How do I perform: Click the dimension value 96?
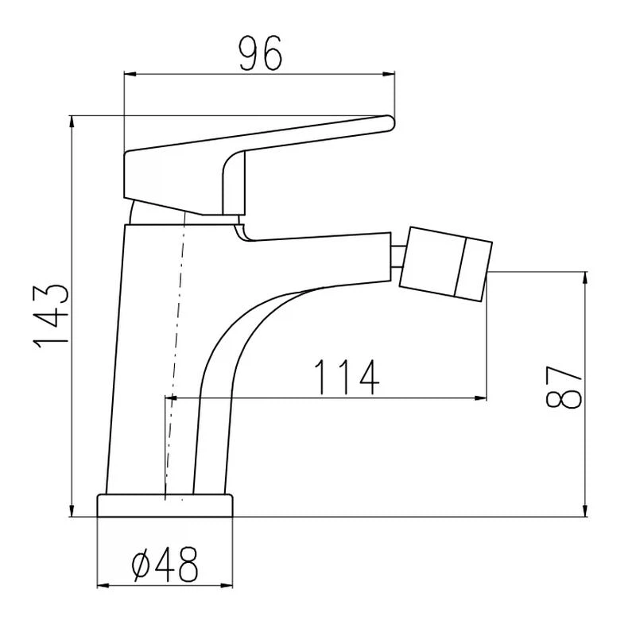coord(260,53)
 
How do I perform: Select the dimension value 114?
coord(347,377)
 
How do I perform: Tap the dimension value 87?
coord(564,386)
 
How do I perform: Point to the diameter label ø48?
coord(165,564)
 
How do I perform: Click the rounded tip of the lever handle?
coord(390,123)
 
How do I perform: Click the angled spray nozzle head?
coord(446,264)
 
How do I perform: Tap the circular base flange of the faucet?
coord(165,506)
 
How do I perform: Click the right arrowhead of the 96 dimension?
coord(389,74)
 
